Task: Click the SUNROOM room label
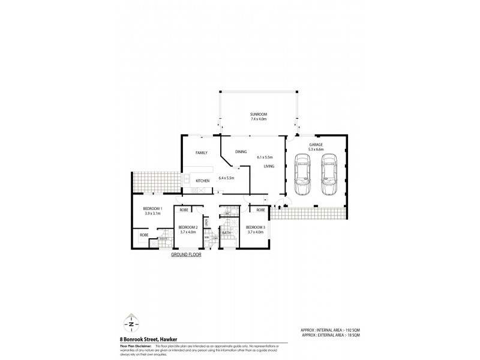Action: pyautogui.click(x=259, y=114)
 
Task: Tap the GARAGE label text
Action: pyautogui.click(x=316, y=145)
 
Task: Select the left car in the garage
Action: pyautogui.click(x=302, y=175)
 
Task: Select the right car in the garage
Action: pyautogui.click(x=328, y=175)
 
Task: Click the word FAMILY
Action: pyautogui.click(x=201, y=153)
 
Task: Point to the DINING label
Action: pyautogui.click(x=241, y=152)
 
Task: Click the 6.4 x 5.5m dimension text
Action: pyautogui.click(x=226, y=178)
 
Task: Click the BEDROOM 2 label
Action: pyautogui.click(x=188, y=227)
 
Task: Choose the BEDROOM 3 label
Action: pyautogui.click(x=255, y=227)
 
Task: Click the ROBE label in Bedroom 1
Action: pyautogui.click(x=143, y=235)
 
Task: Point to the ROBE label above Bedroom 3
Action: pyautogui.click(x=260, y=211)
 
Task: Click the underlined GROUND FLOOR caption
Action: pyautogui.click(x=186, y=254)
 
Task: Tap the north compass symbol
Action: pyautogui.click(x=131, y=322)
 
